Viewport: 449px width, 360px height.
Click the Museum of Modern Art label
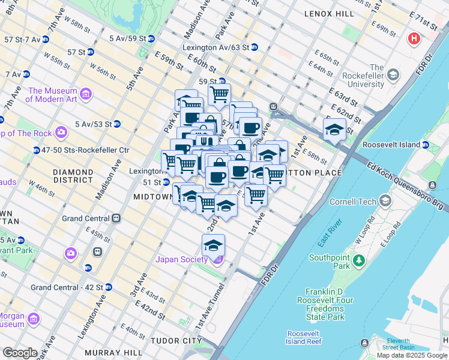52,95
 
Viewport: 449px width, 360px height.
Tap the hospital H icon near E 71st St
414,39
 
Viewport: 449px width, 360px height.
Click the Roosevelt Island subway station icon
425,145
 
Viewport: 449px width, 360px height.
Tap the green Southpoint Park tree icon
359,260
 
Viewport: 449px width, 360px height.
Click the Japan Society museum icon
218,259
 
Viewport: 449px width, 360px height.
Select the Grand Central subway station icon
116,218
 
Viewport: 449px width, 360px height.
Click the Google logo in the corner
20,353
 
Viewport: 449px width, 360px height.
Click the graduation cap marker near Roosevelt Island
334,129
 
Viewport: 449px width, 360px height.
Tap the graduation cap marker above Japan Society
213,245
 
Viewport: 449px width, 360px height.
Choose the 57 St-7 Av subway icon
45,39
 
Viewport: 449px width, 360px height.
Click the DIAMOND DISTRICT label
73,176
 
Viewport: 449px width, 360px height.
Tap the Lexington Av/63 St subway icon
254,47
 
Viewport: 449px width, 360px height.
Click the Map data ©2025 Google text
412,355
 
